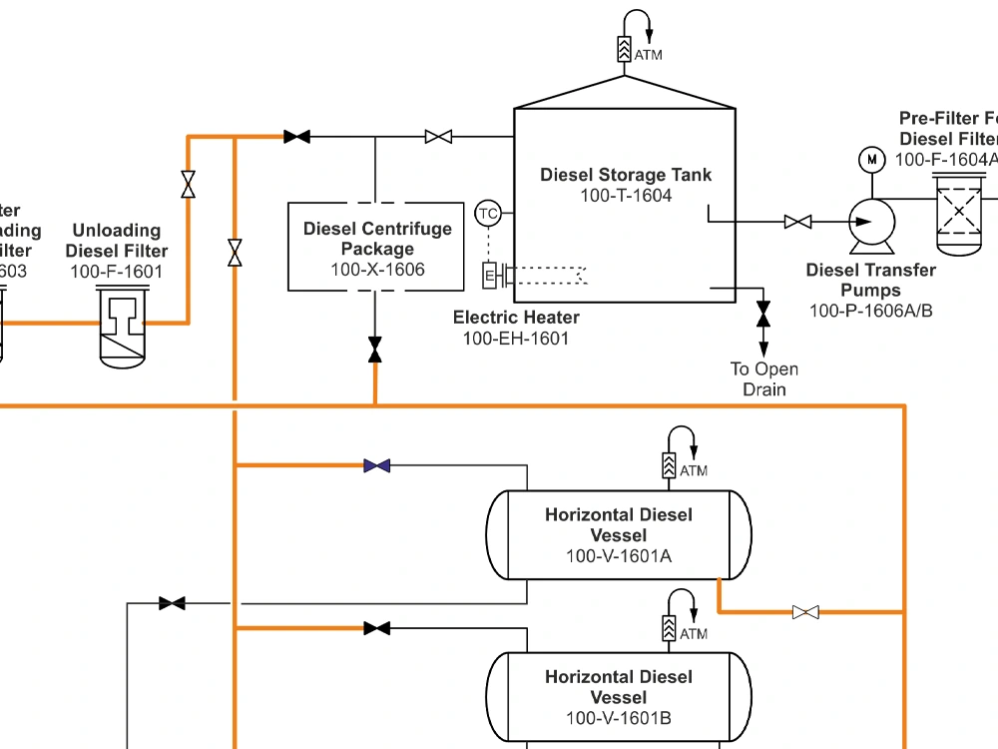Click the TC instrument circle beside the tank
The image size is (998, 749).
pyautogui.click(x=488, y=213)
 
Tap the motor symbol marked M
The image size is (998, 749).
pyautogui.click(x=871, y=160)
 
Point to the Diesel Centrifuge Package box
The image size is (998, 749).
pyautogui.click(x=376, y=247)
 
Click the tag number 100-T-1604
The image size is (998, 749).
pyautogui.click(x=626, y=196)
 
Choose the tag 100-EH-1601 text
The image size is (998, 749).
pyautogui.click(x=515, y=339)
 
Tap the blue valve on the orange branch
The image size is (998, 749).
pyautogui.click(x=376, y=465)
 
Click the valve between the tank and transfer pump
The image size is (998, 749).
pyautogui.click(x=797, y=222)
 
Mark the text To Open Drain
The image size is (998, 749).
pyautogui.click(x=763, y=379)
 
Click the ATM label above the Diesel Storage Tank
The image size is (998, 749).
pyautogui.click(x=648, y=55)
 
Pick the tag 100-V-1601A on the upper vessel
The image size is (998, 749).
pyautogui.click(x=618, y=556)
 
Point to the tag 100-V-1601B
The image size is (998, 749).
pyautogui.click(x=618, y=718)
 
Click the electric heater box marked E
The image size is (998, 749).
pyautogui.click(x=490, y=275)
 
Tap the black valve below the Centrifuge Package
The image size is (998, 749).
pyautogui.click(x=375, y=350)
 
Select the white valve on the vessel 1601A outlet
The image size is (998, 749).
pyautogui.click(x=805, y=611)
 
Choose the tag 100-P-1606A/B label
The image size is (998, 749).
pyautogui.click(x=870, y=311)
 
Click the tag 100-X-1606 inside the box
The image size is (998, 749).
pyautogui.click(x=377, y=270)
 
